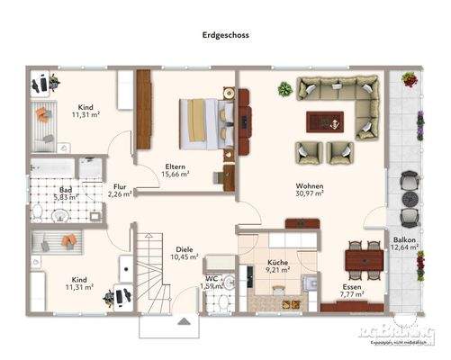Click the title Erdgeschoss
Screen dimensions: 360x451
click(x=225, y=38)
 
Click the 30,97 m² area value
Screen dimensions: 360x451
click(x=309, y=196)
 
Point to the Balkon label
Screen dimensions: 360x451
click(x=404, y=240)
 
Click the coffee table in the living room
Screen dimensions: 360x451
click(x=325, y=120)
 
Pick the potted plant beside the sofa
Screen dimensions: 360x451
click(x=285, y=89)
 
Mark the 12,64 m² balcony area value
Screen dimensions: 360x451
click(x=404, y=249)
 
